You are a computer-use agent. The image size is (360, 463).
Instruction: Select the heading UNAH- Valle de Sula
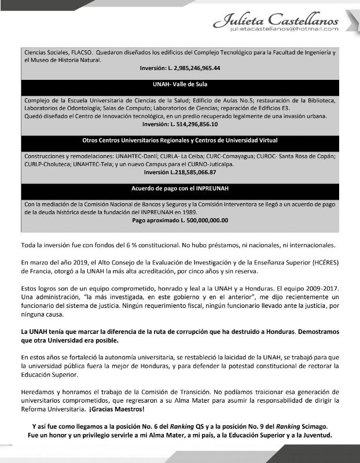(x=180, y=84)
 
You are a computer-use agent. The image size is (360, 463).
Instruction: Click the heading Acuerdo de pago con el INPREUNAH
(x=180, y=189)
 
